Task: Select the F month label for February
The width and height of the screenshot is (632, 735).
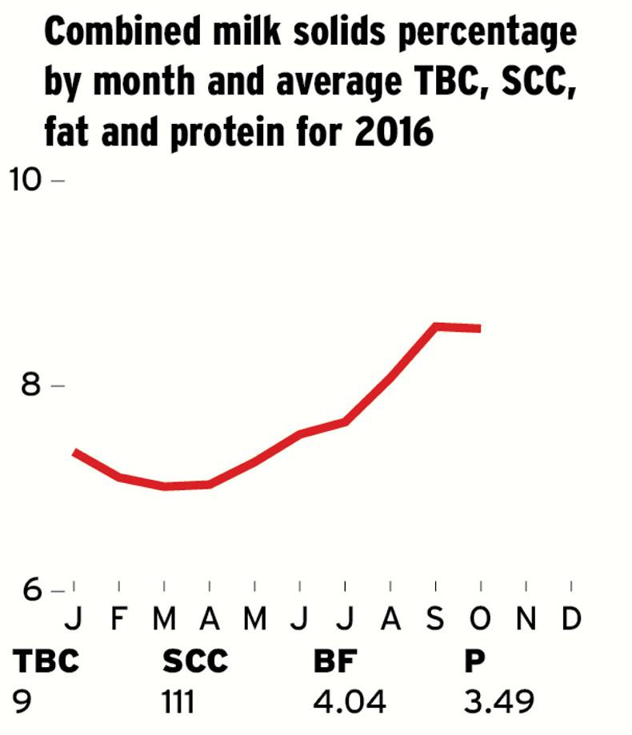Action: tap(119, 618)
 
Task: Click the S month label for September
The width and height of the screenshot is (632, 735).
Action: tap(435, 618)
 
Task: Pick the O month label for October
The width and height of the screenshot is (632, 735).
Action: tap(480, 618)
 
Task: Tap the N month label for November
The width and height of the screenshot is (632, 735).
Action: tap(526, 618)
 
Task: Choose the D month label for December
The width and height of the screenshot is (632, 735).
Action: tap(570, 618)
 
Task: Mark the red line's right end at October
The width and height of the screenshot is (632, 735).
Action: tap(479, 328)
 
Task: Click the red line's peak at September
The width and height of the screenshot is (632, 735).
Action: tap(436, 326)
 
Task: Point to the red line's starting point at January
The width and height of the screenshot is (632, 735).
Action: tap(74, 452)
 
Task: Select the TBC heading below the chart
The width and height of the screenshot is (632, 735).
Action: tap(46, 661)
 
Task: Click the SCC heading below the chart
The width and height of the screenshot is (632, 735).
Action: tap(195, 661)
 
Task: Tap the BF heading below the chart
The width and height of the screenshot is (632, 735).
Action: tap(334, 661)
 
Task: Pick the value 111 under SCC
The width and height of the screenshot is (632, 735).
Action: tap(178, 701)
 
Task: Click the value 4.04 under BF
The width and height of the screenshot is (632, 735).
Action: tap(350, 701)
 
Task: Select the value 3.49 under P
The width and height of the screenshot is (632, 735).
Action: tap(499, 701)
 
